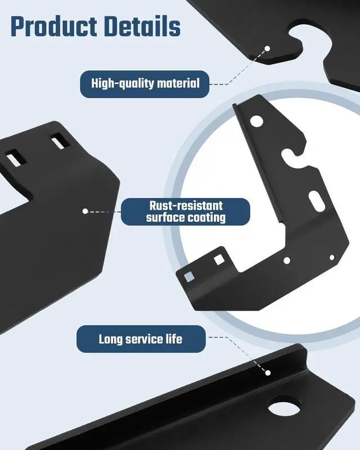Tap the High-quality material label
(145, 84)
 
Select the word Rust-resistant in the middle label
(186, 206)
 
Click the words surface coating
(186, 217)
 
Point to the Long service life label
(140, 339)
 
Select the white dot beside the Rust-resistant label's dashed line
(85, 211)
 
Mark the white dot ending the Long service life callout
(268, 372)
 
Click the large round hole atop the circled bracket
(256, 120)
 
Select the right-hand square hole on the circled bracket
(217, 260)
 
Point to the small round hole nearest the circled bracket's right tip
(332, 257)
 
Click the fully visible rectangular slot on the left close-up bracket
(58, 143)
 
